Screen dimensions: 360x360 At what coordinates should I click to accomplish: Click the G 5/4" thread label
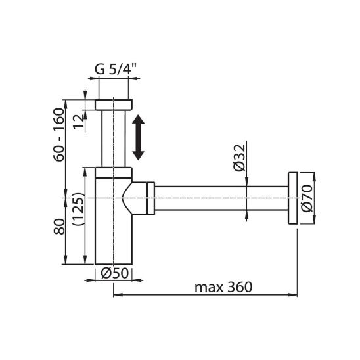click(x=116, y=69)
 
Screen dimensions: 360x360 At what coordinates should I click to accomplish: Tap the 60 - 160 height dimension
click(x=58, y=135)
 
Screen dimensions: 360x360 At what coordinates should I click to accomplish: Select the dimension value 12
click(x=79, y=122)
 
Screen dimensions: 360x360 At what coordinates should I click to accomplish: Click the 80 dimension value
click(x=59, y=227)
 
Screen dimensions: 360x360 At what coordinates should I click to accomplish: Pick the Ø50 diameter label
click(x=114, y=273)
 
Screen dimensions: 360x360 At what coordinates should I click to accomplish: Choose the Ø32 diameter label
click(x=240, y=158)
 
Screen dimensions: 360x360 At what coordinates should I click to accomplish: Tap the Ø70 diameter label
click(x=307, y=198)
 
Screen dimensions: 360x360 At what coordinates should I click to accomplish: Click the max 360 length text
click(x=223, y=287)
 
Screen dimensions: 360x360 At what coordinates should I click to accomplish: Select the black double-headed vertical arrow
click(x=138, y=137)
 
